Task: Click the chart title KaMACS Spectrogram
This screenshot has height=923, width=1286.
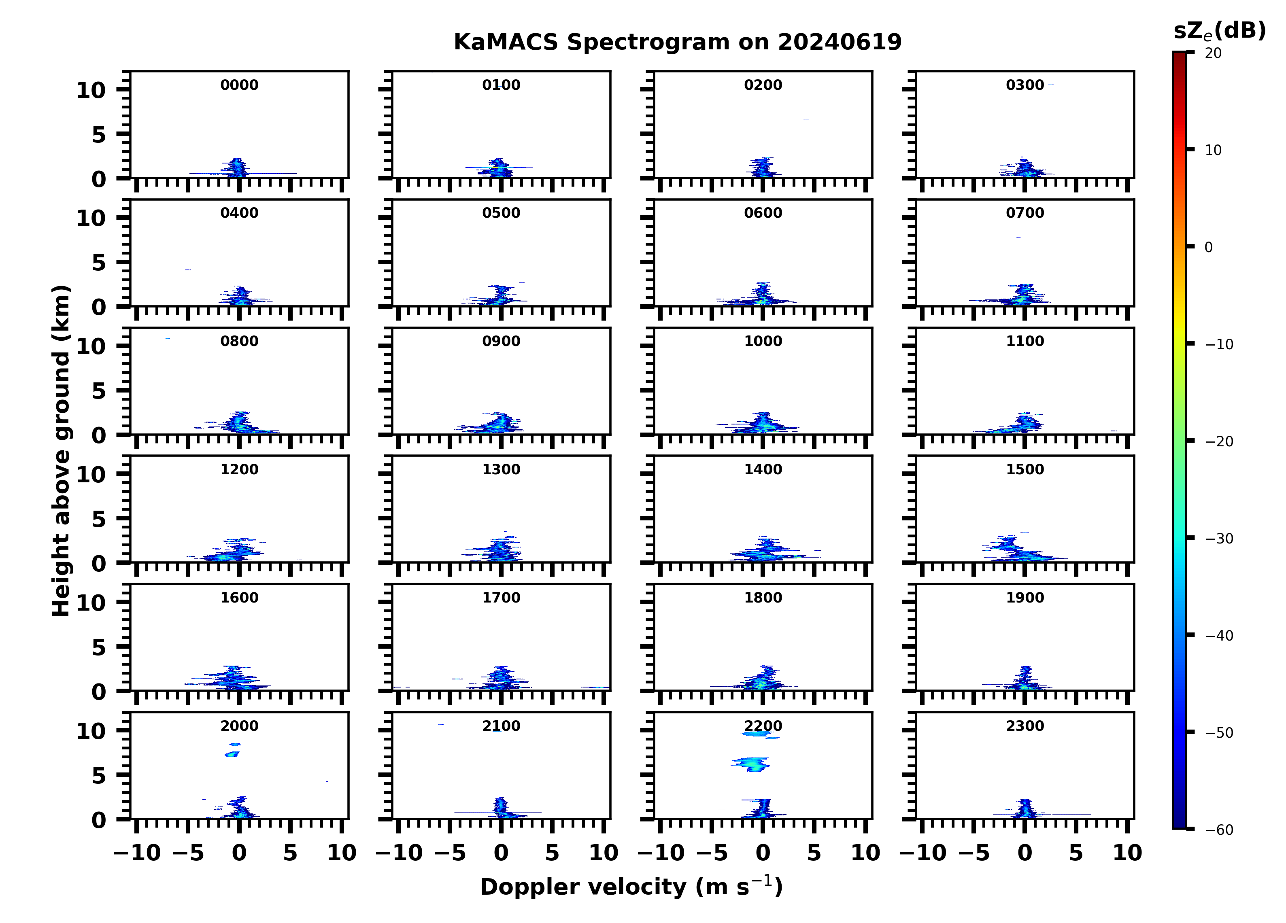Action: pyautogui.click(x=677, y=42)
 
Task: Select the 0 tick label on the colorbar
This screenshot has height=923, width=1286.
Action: pyautogui.click(x=1208, y=247)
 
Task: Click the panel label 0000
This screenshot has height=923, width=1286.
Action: pyautogui.click(x=239, y=85)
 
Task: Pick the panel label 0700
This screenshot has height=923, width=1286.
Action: pyautogui.click(x=1025, y=213)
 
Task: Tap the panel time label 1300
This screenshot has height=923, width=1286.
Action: pyautogui.click(x=501, y=469)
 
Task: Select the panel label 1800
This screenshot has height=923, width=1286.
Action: pyautogui.click(x=763, y=598)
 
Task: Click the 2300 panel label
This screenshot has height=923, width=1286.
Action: pyautogui.click(x=1025, y=726)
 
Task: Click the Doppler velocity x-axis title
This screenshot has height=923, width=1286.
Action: pyautogui.click(x=631, y=887)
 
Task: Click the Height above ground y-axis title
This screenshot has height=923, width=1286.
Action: pyautogui.click(x=61, y=451)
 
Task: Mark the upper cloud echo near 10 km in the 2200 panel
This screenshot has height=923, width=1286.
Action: pyautogui.click(x=759, y=734)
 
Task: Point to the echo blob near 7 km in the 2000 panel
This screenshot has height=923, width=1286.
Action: pyautogui.click(x=232, y=754)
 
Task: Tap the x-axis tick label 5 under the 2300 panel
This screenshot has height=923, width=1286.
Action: pyautogui.click(x=1076, y=853)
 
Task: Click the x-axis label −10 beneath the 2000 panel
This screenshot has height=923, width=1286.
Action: pyautogui.click(x=137, y=853)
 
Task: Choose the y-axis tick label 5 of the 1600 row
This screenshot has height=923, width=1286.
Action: pyautogui.click(x=99, y=647)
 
